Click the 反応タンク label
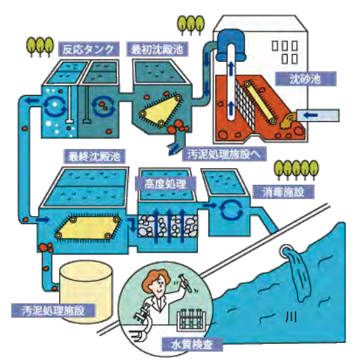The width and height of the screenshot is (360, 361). coord(88,49)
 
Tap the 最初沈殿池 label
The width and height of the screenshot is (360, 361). coord(157,49)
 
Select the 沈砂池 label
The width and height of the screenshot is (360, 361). coord(306,79)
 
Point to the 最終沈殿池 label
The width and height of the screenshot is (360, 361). coord(94,156)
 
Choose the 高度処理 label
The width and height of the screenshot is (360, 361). coord(165,183)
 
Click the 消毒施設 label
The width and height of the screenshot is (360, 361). coord(284,191)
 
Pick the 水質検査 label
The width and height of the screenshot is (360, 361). coord(192,344)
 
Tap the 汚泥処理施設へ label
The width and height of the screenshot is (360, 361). coord(225,154)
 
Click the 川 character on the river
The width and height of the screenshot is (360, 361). coord(291,317)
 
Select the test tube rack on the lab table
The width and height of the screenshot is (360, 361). coord(191,320)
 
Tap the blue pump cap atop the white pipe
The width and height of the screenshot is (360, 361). coord(230,45)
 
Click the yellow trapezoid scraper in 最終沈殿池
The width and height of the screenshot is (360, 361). coord(87,227)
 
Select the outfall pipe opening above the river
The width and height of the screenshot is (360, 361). coord(286,250)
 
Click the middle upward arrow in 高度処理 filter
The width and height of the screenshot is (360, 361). coord(169,226)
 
